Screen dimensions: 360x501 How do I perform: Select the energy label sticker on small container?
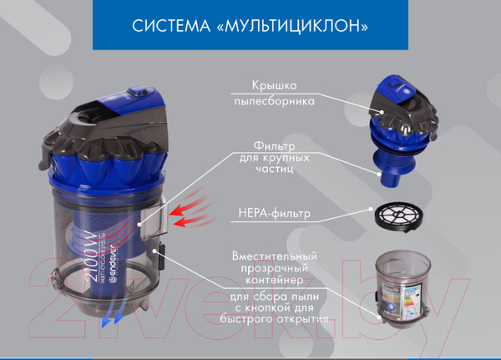(405, 297)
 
